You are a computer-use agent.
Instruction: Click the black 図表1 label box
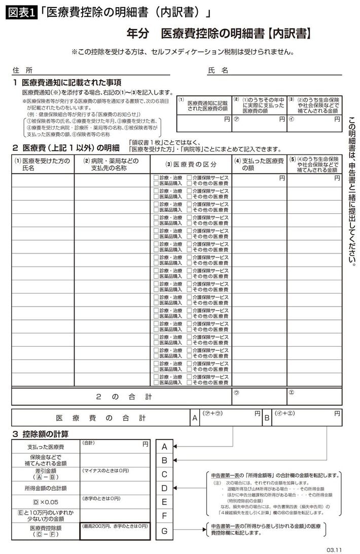[x=22, y=13]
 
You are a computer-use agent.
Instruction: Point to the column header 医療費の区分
[x=191, y=164]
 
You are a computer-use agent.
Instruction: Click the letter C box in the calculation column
[x=164, y=474]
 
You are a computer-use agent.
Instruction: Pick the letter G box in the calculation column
[x=164, y=531]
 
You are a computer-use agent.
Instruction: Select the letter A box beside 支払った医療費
[x=164, y=447]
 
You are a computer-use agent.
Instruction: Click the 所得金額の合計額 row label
[x=45, y=488]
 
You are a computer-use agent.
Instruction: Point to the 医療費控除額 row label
[x=45, y=530]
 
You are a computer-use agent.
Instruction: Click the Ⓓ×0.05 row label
[x=45, y=502]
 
